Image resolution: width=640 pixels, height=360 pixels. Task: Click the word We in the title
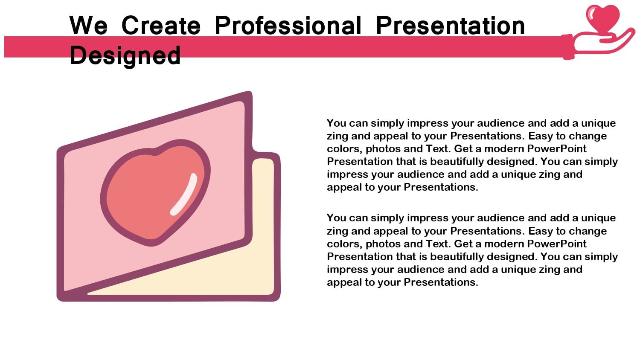pyautogui.click(x=89, y=26)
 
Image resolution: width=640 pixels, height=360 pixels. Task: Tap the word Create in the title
pyautogui.click(x=161, y=26)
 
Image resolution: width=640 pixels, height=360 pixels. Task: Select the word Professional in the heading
pyautogui.click(x=288, y=26)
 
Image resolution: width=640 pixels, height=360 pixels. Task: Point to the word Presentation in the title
pyautogui.click(x=450, y=26)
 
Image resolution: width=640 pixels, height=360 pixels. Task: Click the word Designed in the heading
pyautogui.click(x=125, y=56)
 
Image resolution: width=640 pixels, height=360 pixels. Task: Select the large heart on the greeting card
pyautogui.click(x=155, y=192)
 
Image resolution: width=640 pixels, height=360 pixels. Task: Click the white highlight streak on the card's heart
pyautogui.click(x=184, y=194)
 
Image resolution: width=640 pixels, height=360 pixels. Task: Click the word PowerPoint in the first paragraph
pyautogui.click(x=556, y=149)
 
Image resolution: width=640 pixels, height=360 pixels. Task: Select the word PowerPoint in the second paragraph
pyautogui.click(x=556, y=244)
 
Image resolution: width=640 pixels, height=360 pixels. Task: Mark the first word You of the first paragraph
pyautogui.click(x=336, y=123)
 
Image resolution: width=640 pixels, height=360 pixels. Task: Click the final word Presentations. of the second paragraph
pyautogui.click(x=441, y=282)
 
